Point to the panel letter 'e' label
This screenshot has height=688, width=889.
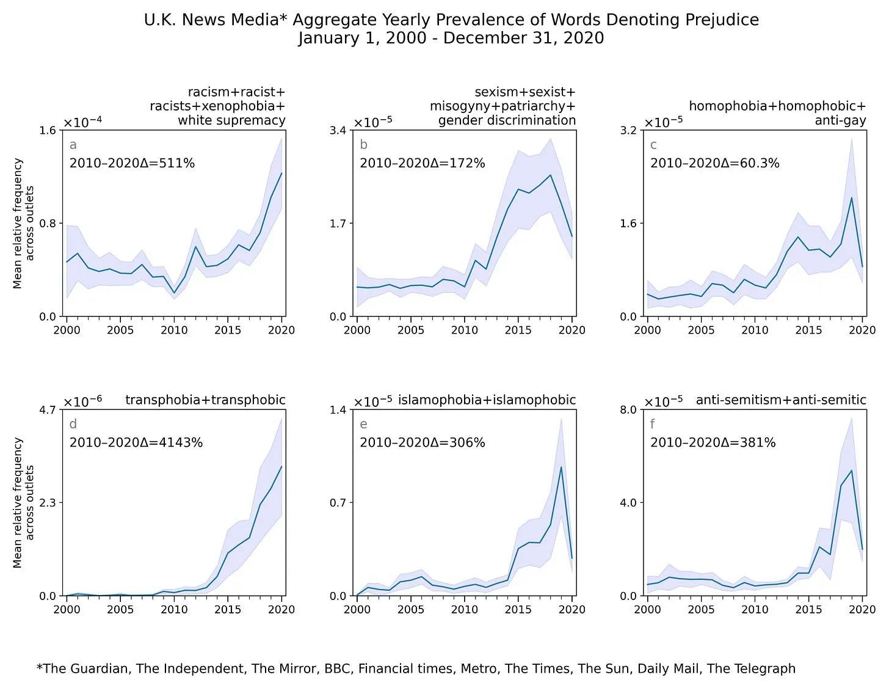pyautogui.click(x=363, y=424)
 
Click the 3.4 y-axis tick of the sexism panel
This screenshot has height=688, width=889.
pyautogui.click(x=338, y=130)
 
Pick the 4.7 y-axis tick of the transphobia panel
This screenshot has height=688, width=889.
pyautogui.click(x=48, y=409)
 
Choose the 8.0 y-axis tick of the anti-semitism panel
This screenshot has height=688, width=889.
pyautogui.click(x=628, y=409)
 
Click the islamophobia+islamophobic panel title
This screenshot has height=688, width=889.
pyautogui.click(x=487, y=400)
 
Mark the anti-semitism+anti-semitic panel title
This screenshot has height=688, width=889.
pyautogui.click(x=781, y=400)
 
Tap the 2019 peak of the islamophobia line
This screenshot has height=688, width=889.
pyautogui.click(x=561, y=467)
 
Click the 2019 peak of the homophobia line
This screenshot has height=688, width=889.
pyautogui.click(x=851, y=197)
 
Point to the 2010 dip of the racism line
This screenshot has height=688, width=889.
pyautogui.click(x=174, y=293)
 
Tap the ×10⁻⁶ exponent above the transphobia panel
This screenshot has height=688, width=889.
pyautogui.click(x=83, y=401)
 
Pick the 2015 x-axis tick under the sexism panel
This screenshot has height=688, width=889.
pyautogui.click(x=518, y=331)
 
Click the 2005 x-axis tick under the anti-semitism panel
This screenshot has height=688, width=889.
pyautogui.click(x=701, y=609)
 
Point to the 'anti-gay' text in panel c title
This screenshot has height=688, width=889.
pyautogui.click(x=840, y=120)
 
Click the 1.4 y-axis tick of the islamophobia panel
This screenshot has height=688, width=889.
pyautogui.click(x=338, y=409)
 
